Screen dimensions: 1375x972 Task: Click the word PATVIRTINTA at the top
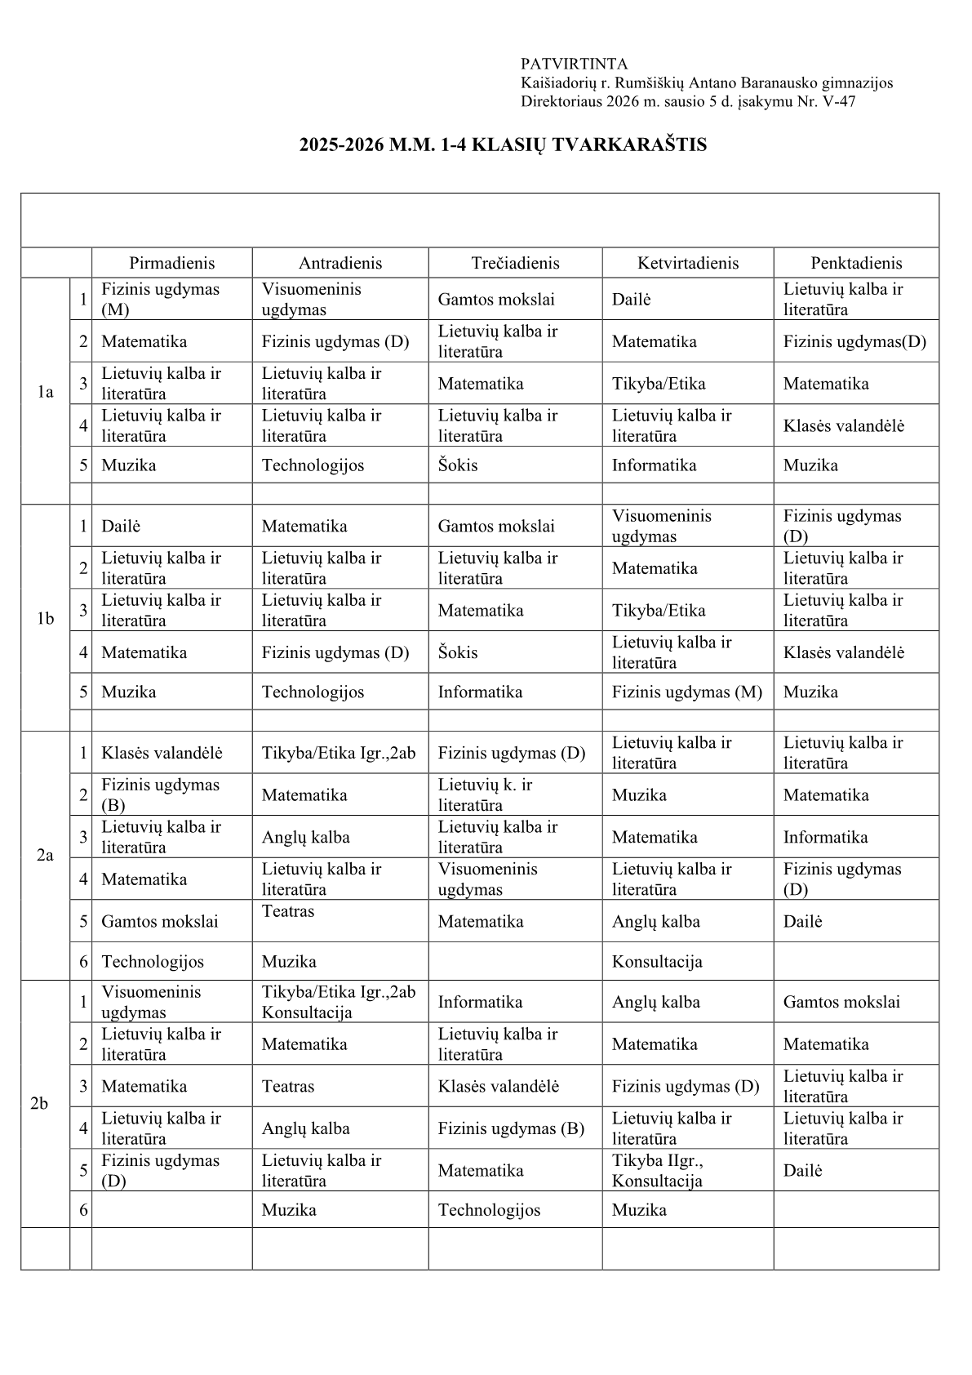[x=574, y=64]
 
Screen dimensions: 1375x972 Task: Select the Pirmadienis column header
[x=171, y=263]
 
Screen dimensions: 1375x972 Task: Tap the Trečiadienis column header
[x=515, y=263]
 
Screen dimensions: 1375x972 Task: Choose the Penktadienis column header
[x=856, y=263]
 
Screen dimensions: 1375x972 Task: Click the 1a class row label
[x=45, y=392]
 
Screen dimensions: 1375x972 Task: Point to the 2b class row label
[x=39, y=1104]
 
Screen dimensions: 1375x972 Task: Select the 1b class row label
[x=45, y=618]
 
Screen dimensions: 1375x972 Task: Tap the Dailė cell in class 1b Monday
[x=121, y=527]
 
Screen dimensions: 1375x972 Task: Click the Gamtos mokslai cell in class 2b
[x=841, y=1002]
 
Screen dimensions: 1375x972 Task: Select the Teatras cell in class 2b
[x=288, y=1086]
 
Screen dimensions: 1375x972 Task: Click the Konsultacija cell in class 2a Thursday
[x=657, y=962]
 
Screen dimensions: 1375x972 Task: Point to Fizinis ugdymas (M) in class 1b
[x=686, y=692]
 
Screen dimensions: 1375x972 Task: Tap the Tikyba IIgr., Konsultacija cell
[x=657, y=1171]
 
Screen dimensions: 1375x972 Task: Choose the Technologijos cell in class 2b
[x=489, y=1210]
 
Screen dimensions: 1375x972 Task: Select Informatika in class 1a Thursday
[x=654, y=465]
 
